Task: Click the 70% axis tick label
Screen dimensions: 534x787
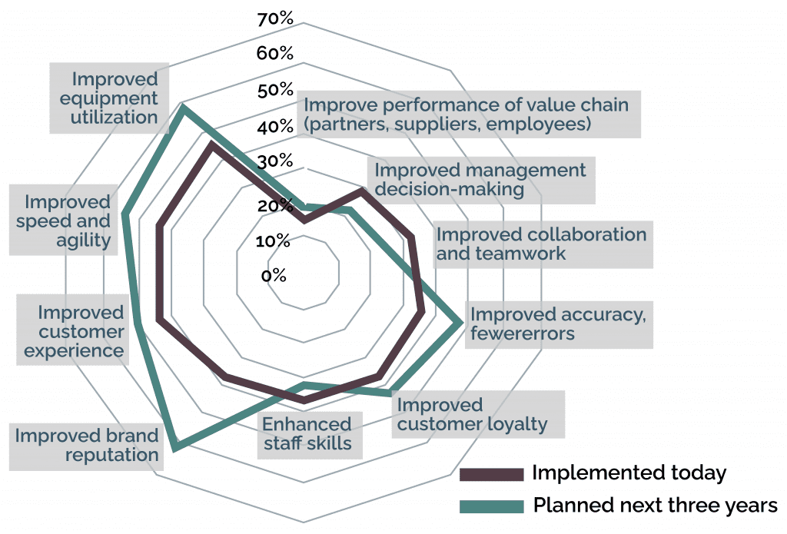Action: [275, 18]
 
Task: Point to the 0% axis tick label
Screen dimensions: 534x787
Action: [273, 275]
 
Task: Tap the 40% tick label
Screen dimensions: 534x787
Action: [275, 127]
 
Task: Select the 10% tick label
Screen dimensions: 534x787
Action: [273, 241]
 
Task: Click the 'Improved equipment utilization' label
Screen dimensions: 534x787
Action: [114, 98]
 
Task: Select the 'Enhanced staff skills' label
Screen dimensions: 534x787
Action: [307, 433]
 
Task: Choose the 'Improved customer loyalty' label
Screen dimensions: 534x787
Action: [472, 414]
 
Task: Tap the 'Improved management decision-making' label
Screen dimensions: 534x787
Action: [480, 179]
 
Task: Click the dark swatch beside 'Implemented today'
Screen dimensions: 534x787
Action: [491, 474]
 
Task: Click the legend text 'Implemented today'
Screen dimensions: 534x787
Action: [629, 473]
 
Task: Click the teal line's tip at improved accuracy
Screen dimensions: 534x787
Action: [462, 323]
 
